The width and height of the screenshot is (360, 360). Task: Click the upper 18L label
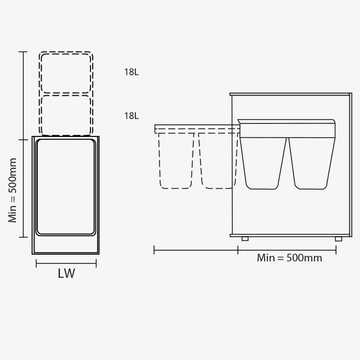(132, 72)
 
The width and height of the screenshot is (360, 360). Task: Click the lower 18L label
(132, 116)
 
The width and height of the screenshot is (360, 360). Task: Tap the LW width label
(66, 273)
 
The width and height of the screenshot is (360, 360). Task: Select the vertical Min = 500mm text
(13, 190)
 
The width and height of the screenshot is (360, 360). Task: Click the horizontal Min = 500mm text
(289, 258)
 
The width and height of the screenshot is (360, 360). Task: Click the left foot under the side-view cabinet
(245, 239)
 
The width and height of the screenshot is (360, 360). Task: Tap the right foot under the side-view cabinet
(339, 239)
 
